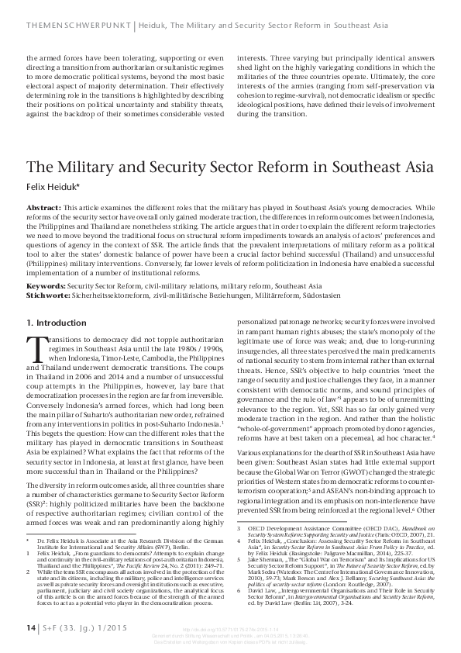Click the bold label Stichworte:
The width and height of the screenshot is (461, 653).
pos(49,272)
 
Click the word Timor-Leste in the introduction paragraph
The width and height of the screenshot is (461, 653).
pos(132,329)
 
